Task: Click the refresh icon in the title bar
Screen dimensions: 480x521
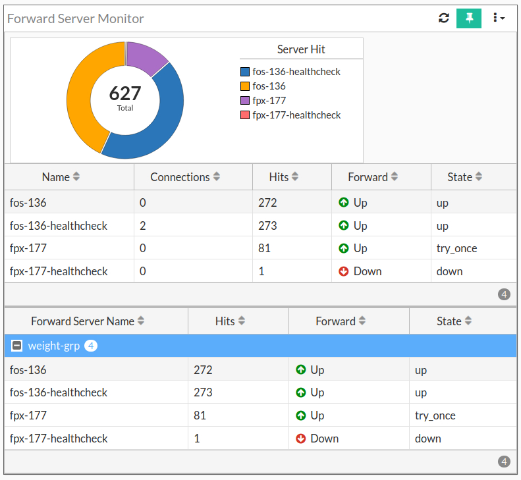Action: click(x=444, y=18)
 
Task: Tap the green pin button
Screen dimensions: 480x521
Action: click(x=469, y=18)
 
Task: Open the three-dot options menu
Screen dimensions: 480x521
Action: click(x=498, y=18)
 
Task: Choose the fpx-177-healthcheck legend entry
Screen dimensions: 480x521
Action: click(x=296, y=115)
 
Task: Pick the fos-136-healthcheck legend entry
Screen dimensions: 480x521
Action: click(x=296, y=72)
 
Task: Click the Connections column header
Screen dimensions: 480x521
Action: click(x=180, y=177)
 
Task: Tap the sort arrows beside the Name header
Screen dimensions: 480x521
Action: click(x=76, y=177)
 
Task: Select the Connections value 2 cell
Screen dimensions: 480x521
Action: click(x=143, y=226)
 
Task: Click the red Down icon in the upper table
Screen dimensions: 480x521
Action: click(x=343, y=271)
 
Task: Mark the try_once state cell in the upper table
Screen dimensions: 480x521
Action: click(x=456, y=248)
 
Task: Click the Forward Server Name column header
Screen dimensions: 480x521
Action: click(x=82, y=321)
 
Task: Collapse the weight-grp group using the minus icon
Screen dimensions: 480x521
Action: click(x=17, y=346)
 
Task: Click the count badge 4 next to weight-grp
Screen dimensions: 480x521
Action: click(x=91, y=346)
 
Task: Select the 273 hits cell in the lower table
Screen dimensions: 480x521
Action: click(x=203, y=392)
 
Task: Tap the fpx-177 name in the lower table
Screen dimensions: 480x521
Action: click(x=28, y=415)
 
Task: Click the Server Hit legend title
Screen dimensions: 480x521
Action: click(x=301, y=49)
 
